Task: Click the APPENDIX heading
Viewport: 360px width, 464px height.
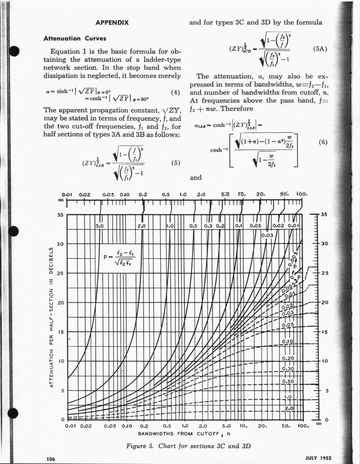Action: [112, 22]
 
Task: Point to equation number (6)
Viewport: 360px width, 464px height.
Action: [322, 142]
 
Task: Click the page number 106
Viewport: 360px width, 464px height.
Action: [51, 459]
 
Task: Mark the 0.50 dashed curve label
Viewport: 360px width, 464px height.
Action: [288, 381]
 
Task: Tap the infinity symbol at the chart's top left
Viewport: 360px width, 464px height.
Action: [60, 201]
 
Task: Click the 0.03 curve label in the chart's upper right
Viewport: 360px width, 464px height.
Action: [268, 235]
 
